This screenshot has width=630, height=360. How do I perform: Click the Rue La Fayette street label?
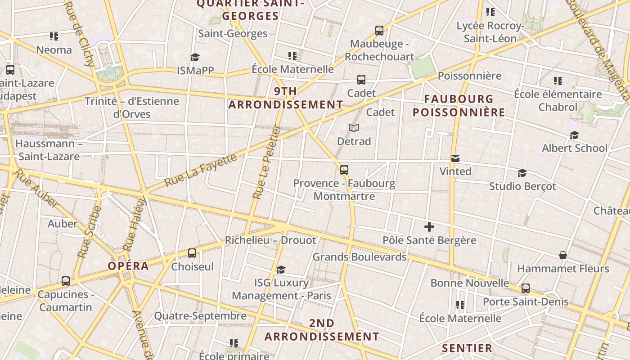[201, 171]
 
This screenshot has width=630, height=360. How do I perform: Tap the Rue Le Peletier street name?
[266, 162]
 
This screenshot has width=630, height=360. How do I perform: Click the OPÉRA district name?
[128, 266]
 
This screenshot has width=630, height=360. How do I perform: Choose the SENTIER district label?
[467, 348]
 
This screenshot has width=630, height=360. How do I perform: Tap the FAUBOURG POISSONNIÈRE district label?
[459, 105]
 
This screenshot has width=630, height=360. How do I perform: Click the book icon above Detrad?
[354, 128]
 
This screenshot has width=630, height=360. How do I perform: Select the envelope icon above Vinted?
[455, 158]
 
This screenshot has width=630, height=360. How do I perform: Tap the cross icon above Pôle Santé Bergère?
[429, 227]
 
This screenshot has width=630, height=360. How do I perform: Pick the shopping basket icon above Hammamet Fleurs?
[562, 256]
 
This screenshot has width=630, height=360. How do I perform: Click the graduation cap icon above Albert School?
[574, 135]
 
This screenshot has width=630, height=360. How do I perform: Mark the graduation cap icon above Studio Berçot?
[522, 173]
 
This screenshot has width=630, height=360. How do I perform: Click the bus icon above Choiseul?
[192, 253]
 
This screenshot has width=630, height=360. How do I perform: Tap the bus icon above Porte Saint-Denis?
[525, 288]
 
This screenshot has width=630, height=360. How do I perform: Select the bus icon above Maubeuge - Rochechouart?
[379, 31]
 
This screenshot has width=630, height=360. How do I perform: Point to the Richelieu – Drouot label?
[270, 240]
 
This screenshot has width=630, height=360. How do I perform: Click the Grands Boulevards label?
[359, 257]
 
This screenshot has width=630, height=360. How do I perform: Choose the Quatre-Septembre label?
[200, 316]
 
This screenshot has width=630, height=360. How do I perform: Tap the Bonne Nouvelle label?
[470, 283]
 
